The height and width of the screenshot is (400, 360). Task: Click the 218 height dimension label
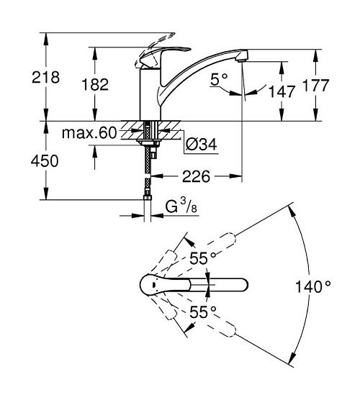coord(45,77)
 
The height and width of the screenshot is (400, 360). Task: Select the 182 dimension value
coord(95,84)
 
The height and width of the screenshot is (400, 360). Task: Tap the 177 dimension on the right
coord(315,85)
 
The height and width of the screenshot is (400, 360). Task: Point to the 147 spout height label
coord(282,91)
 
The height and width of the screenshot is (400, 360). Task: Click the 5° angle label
coord(219,79)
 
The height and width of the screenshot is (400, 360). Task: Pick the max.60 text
coord(89,132)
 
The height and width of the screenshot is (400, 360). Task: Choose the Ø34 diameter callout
coord(202,144)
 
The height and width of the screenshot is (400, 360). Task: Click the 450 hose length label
coord(45,161)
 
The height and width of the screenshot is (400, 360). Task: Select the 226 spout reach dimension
coord(196,176)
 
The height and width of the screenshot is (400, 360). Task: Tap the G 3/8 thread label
coord(181,206)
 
